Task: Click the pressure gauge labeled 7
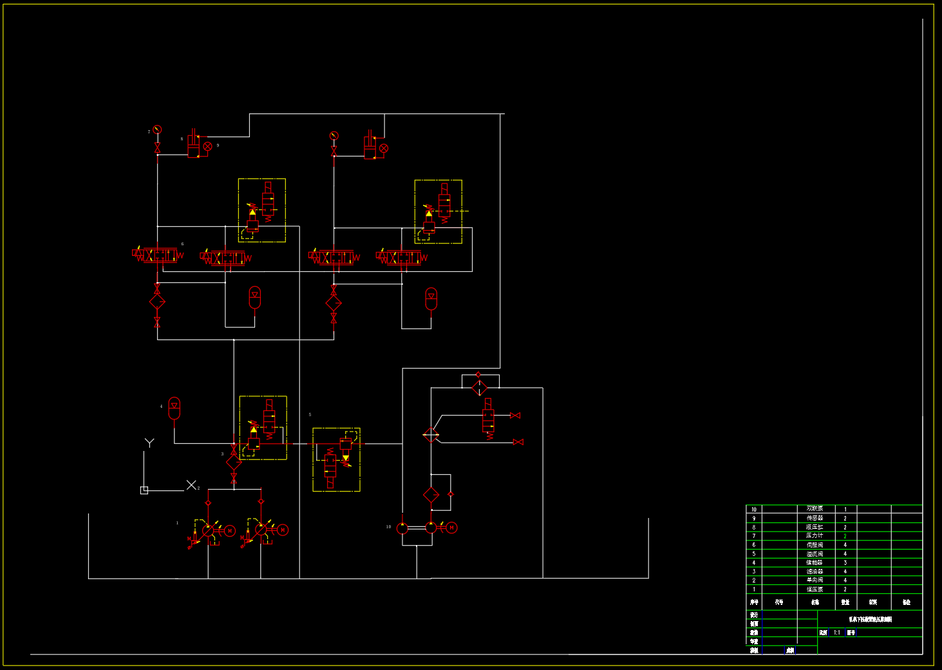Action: click(157, 129)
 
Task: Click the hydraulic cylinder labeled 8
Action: click(193, 147)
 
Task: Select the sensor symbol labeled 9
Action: click(208, 146)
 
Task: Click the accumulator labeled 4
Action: click(174, 408)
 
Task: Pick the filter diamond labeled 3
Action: click(234, 462)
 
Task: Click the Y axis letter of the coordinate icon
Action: click(149, 443)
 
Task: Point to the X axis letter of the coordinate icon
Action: click(191, 484)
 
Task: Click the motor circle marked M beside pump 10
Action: click(451, 528)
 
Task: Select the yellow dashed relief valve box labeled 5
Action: click(336, 459)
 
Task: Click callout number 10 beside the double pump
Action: click(388, 527)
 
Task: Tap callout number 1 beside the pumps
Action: click(177, 523)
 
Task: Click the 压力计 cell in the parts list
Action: click(815, 536)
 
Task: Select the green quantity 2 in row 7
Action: click(845, 536)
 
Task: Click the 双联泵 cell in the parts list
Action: click(815, 509)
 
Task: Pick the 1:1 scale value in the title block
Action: click(837, 633)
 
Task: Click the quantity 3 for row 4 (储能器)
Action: click(845, 562)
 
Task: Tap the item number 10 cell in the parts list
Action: click(754, 509)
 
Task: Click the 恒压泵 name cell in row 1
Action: click(815, 589)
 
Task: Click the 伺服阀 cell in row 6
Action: click(815, 545)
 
